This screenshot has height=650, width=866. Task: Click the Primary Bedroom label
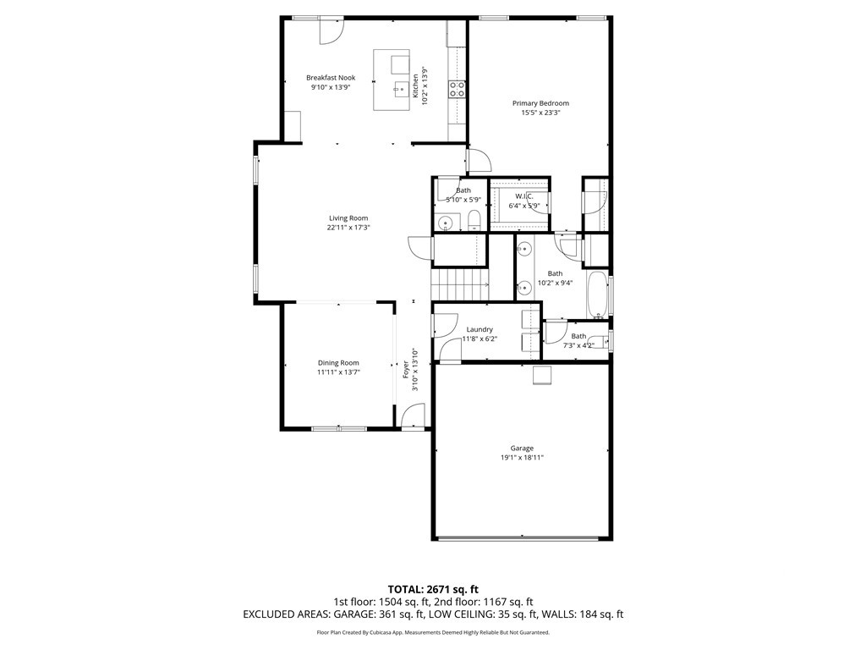pos(540,103)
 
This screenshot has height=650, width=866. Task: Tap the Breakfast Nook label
pos(331,78)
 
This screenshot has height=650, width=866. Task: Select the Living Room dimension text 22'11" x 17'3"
pos(348,227)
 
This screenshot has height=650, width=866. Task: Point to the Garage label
pos(521,449)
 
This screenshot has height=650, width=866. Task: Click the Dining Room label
pos(338,363)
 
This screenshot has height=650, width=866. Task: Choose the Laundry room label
pos(480,329)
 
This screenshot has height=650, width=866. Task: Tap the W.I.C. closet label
pos(524,196)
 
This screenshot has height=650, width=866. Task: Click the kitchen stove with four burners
pos(457,89)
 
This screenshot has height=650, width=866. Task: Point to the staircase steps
pos(459,285)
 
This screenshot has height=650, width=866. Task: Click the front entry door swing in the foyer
pos(413,416)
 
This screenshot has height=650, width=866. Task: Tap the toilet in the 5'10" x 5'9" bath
pos(474,221)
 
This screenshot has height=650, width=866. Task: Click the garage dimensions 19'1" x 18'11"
pos(521,458)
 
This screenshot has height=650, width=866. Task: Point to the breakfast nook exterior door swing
pos(332,31)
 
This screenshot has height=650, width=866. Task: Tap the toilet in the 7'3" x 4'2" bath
pos(599,340)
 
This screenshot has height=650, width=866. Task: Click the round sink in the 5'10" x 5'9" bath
pos(445,223)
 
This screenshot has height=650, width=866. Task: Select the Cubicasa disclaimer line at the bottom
pos(433,632)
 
